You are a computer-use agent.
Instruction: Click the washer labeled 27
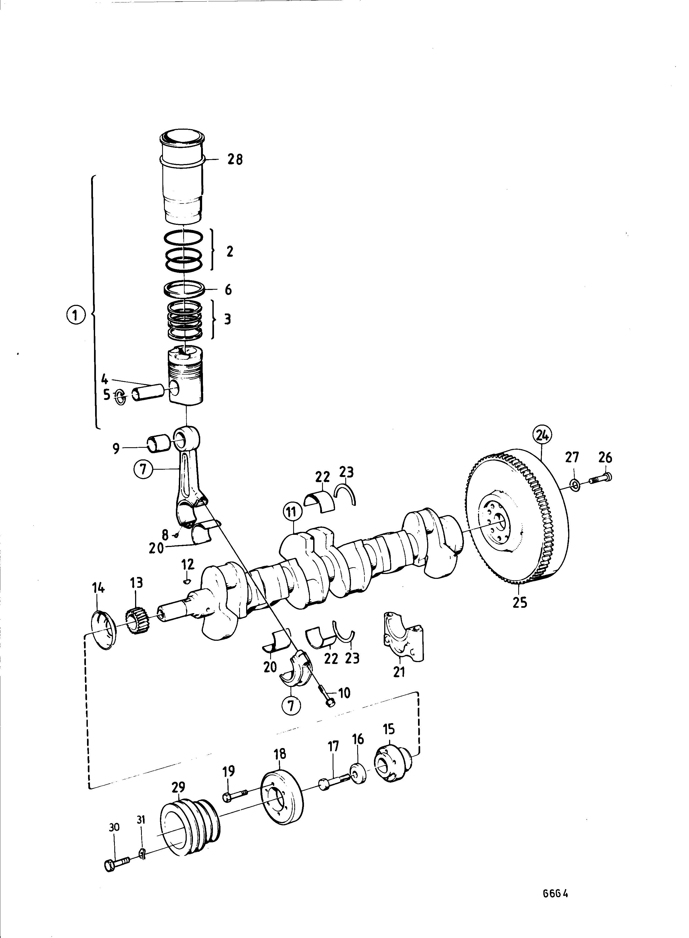pyautogui.click(x=574, y=484)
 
